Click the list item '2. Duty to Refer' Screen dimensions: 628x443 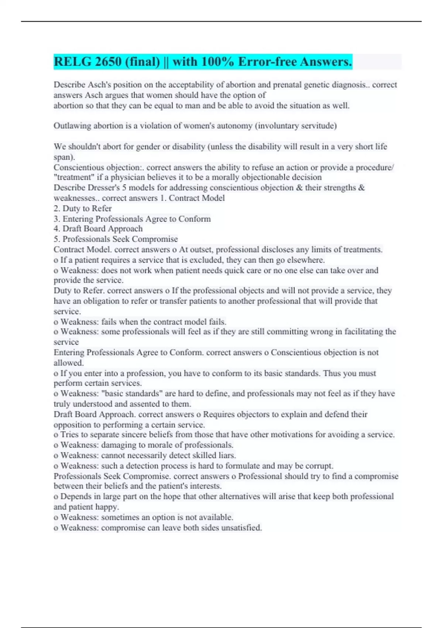click(x=83, y=209)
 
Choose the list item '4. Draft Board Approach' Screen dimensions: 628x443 click(x=98, y=229)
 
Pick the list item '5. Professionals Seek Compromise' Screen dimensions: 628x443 click(x=116, y=239)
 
